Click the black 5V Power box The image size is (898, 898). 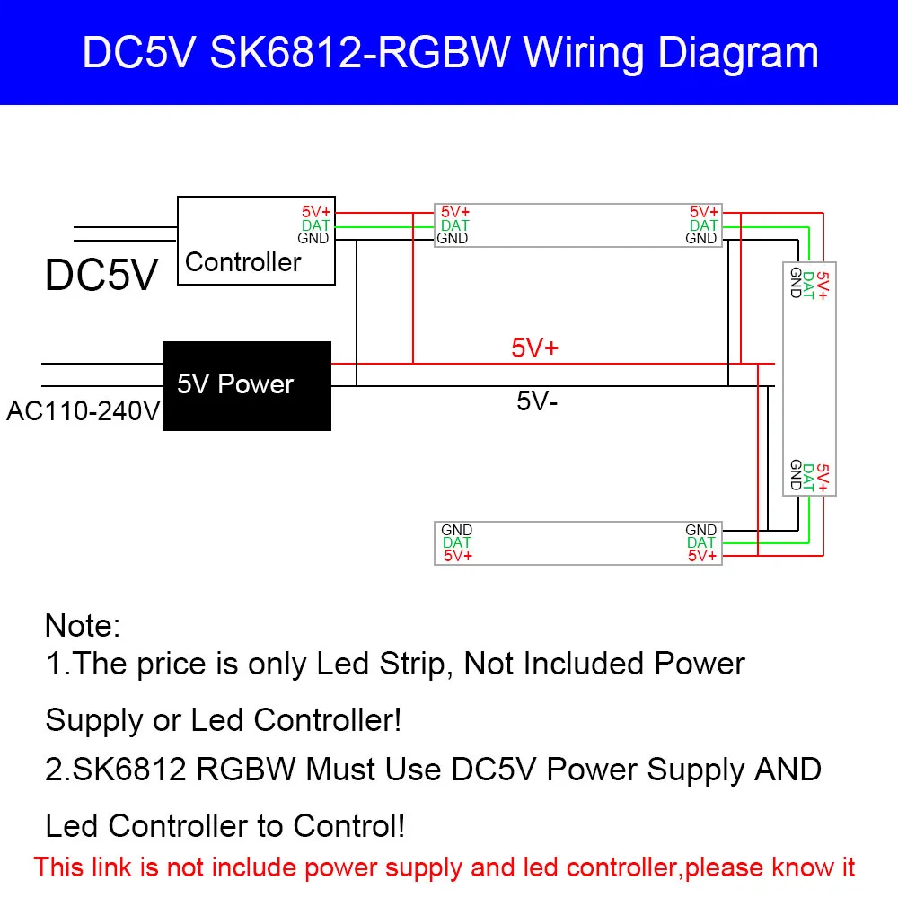247,386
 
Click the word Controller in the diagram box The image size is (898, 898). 242,262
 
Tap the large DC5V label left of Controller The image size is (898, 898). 101,276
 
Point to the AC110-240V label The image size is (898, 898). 84,411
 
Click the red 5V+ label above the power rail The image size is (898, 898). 534,348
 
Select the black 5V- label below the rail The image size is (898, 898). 537,401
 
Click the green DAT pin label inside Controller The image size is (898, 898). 315,225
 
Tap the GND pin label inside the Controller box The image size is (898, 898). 313,238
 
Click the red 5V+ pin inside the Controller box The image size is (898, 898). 316,213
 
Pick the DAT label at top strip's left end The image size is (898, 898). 454,225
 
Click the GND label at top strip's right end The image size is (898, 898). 701,238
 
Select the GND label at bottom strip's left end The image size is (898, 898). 456,530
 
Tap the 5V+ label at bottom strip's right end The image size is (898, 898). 702,556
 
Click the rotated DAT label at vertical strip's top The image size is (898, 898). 808,286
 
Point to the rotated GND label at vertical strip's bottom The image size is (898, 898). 796,475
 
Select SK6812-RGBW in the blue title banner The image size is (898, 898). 360,53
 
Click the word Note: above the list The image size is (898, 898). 83,625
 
